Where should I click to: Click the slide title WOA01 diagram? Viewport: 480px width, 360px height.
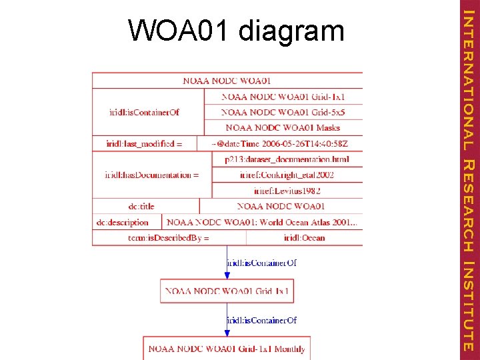pos(237,30)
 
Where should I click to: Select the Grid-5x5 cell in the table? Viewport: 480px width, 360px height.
pos(283,112)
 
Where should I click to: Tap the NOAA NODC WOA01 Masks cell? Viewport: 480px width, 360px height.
pos(283,127)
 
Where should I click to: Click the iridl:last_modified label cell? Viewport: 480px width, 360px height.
pos(144,143)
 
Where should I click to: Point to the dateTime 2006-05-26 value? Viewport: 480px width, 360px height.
pos(280,143)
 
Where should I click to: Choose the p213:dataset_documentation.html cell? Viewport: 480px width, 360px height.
pos(287,159)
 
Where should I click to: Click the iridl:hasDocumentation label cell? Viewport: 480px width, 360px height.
pos(151,175)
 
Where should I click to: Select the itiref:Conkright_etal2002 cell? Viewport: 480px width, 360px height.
pos(287,175)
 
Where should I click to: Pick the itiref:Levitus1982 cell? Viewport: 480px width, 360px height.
pos(287,191)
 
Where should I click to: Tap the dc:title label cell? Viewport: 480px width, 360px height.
pos(146,207)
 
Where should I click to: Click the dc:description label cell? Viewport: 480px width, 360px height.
pos(127,222)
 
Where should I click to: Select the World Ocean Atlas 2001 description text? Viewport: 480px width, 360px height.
pos(262,222)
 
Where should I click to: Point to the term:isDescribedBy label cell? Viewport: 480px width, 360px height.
pos(169,237)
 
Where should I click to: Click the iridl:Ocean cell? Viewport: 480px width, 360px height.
pos(304,237)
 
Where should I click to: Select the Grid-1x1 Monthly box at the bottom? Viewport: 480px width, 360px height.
pos(227,349)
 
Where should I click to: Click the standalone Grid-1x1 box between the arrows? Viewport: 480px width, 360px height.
pos(227,291)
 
